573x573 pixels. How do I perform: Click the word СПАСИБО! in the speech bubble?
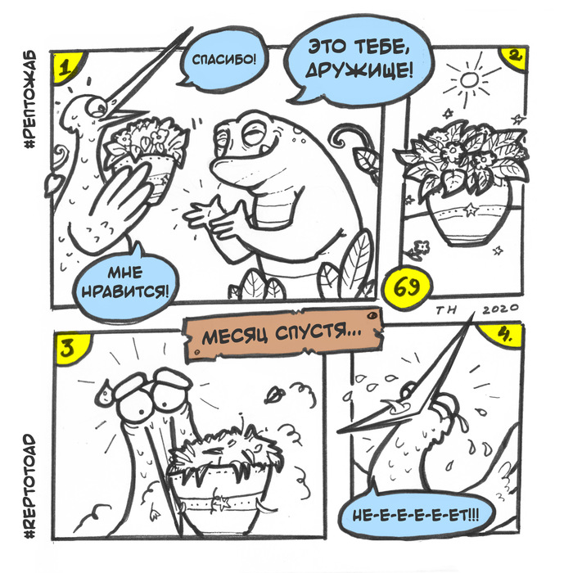tap(224, 59)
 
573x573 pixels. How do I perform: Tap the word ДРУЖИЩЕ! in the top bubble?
tap(359, 70)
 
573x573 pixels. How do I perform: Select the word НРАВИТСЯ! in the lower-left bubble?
tap(126, 291)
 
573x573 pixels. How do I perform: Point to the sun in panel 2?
tap(469, 79)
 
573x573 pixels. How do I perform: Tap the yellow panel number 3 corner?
tap(70, 347)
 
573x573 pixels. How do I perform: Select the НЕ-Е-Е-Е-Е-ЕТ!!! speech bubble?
tap(416, 516)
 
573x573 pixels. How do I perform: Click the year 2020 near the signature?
tap(500, 310)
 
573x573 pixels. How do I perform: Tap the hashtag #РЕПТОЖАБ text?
tap(29, 99)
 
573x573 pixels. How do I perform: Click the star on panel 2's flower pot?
tap(471, 209)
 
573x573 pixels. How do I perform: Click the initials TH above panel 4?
tap(447, 310)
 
